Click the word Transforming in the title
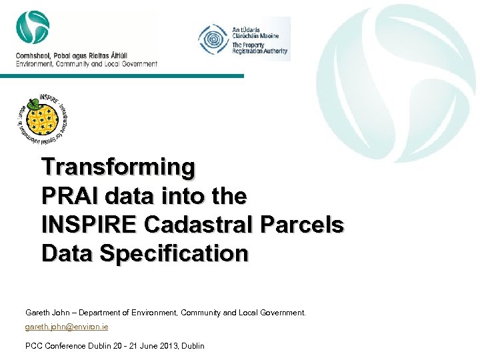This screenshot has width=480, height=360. (x=118, y=167)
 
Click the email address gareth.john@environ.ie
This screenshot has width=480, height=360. (x=67, y=327)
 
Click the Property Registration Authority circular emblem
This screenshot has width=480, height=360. (x=213, y=39)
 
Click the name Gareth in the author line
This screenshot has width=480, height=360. (x=38, y=312)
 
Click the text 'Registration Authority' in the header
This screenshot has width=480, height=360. (x=259, y=51)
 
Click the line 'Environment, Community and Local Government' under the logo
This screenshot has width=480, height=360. (x=87, y=64)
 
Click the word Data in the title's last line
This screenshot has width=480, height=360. (x=64, y=254)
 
